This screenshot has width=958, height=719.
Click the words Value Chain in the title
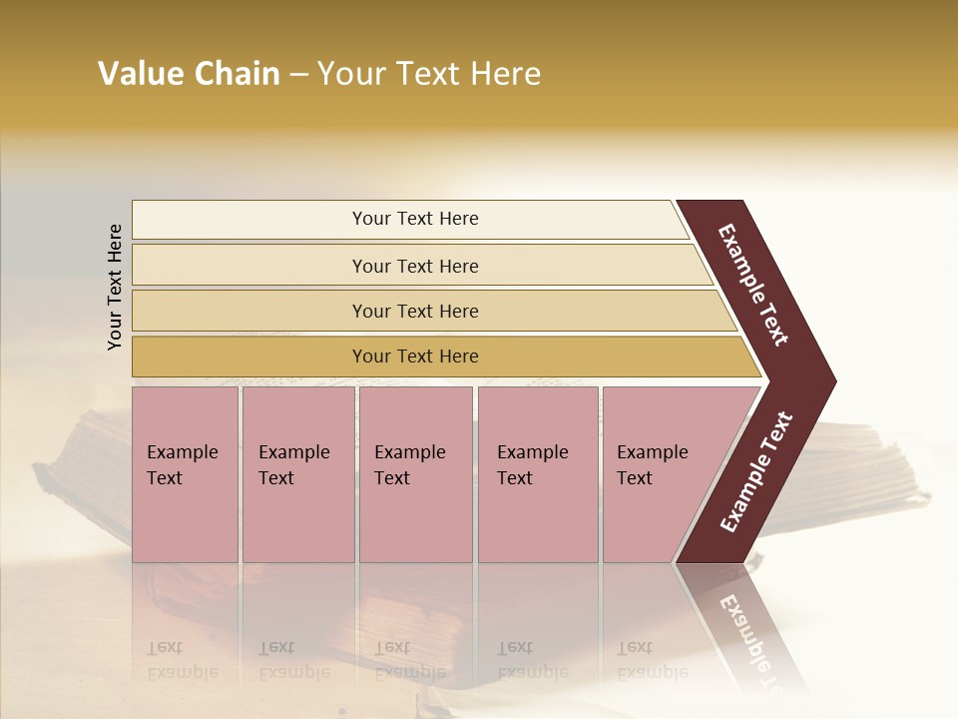tap(189, 74)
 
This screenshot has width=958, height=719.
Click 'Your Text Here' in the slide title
tap(429, 74)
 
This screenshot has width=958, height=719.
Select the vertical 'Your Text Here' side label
tap(115, 287)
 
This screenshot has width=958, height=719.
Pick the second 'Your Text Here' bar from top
tap(414, 266)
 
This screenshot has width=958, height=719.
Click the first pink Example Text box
tap(185, 474)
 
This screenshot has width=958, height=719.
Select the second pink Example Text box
tap(297, 474)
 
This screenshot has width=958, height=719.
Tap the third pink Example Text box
tap(415, 474)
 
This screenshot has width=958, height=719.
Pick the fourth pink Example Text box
tap(537, 474)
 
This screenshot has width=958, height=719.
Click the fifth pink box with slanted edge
tap(659, 474)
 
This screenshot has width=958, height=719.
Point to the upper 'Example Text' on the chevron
tap(754, 285)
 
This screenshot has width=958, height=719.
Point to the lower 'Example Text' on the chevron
tap(755, 472)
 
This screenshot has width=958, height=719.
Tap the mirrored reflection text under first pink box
tap(182, 659)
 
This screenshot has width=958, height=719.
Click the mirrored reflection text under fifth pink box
tap(652, 659)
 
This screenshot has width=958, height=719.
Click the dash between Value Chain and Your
tap(298, 75)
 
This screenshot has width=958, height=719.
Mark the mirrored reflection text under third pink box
tap(409, 659)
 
